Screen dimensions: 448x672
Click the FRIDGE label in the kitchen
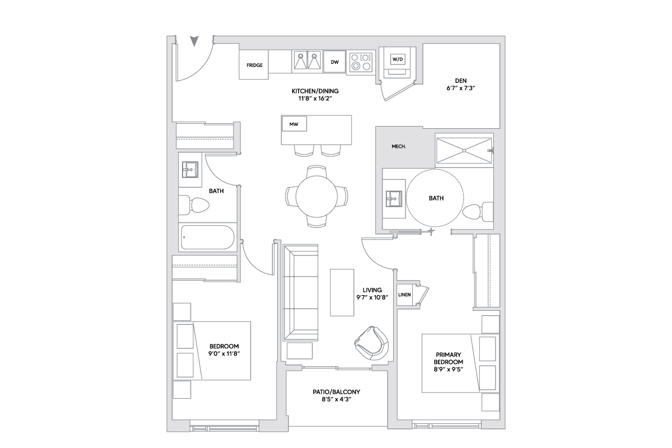[254, 65]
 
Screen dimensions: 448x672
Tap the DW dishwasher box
[334, 62]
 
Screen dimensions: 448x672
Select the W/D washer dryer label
[397, 59]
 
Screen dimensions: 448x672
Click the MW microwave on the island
[294, 124]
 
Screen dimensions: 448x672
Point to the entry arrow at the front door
[194, 41]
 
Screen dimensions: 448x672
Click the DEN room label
[461, 81]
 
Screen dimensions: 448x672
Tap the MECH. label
[399, 147]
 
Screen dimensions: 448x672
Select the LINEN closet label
[404, 295]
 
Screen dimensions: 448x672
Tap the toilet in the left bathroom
[194, 205]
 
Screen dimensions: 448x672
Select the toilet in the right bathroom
[477, 212]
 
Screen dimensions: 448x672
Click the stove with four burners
[360, 62]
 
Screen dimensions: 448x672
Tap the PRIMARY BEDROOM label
[448, 358]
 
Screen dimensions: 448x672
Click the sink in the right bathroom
[393, 198]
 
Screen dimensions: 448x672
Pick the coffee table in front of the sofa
[342, 292]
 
